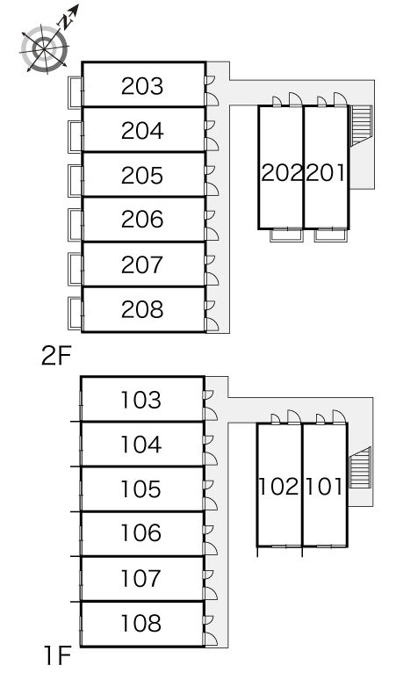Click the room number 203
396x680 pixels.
click(142, 86)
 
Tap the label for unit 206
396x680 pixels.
click(142, 220)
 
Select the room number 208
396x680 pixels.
click(142, 309)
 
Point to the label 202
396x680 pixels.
click(282, 172)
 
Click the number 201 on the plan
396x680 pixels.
click(326, 172)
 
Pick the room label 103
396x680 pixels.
click(140, 400)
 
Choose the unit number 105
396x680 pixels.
click(140, 489)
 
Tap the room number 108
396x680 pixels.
click(140, 623)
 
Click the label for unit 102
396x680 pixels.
click(278, 487)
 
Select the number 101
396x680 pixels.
click(324, 487)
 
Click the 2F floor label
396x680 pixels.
click(56, 356)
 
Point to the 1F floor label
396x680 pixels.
click(57, 655)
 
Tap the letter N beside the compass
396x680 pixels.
click(66, 22)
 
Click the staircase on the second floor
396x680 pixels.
click(361, 125)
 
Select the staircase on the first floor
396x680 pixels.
click(360, 468)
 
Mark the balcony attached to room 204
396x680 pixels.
click(75, 136)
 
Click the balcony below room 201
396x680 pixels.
click(330, 235)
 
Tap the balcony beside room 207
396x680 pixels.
click(75, 269)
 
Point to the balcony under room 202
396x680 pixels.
click(286, 235)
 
